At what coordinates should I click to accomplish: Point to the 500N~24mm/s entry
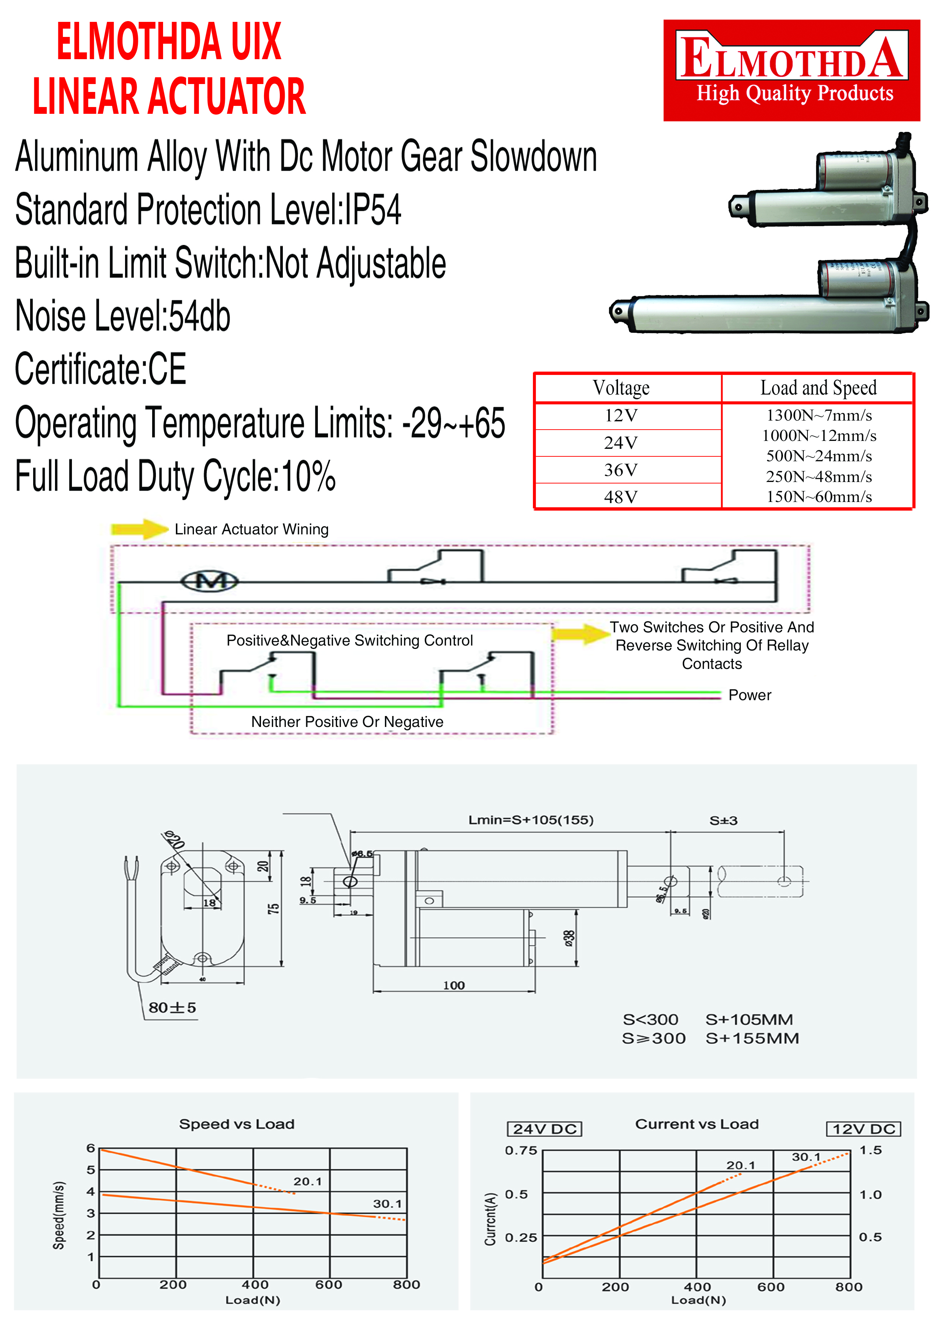coord(818,456)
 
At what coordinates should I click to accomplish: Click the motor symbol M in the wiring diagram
coord(209,581)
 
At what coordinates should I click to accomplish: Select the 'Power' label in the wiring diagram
coord(749,695)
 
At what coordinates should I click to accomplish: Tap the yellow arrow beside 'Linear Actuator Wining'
coord(139,529)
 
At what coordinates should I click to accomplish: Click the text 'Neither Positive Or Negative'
coord(347,722)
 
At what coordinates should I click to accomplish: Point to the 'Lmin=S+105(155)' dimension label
coord(531,820)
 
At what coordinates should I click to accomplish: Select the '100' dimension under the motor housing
coord(453,985)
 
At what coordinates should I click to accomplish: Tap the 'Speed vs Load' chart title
coord(237,1124)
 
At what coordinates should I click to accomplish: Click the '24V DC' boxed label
coord(545,1129)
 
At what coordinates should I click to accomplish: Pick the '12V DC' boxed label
coord(863,1129)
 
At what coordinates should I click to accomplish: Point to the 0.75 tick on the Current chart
coord(521,1151)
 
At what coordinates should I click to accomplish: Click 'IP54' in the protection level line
coord(372,210)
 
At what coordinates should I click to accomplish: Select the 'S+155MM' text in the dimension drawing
coord(752,1038)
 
